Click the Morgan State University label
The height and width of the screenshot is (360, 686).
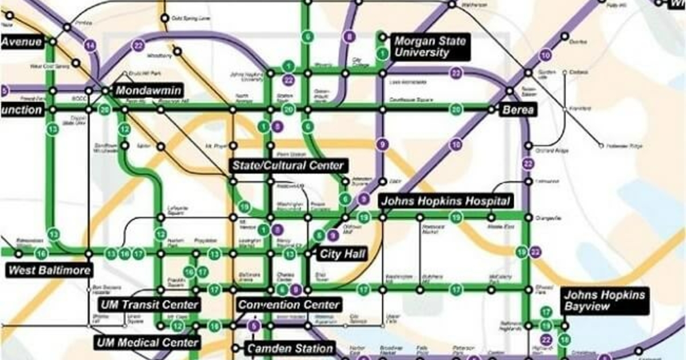(430, 47)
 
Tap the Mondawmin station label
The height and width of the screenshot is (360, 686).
(148, 90)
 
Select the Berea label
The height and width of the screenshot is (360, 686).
(518, 110)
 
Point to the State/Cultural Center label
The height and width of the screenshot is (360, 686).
(288, 166)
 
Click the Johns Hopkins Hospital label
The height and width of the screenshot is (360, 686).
(445, 201)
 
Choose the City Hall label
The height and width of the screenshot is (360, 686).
(343, 254)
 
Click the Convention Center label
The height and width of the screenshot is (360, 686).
(289, 305)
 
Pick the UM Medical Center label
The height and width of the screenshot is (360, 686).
(147, 343)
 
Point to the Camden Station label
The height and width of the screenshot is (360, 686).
(290, 348)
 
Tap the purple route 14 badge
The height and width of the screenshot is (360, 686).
(90, 45)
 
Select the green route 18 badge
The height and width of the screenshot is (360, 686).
(565, 339)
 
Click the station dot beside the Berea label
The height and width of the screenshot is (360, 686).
(492, 109)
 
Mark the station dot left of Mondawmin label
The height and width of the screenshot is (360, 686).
(105, 90)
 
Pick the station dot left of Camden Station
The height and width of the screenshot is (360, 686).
(234, 348)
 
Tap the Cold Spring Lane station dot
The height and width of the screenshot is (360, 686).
(163, 18)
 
